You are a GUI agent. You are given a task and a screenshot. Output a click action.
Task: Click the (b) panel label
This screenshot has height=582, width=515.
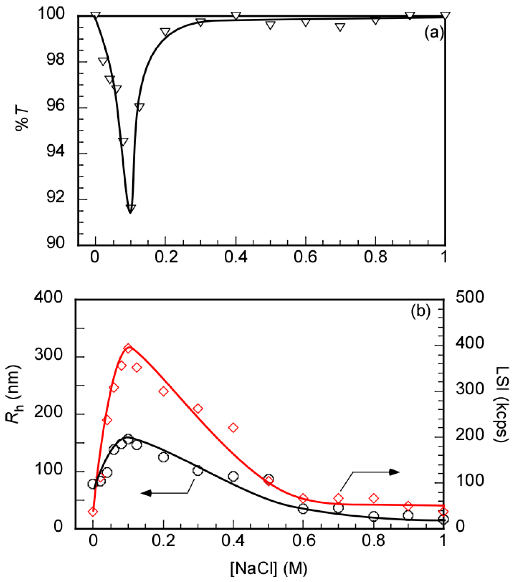pyautogui.click(x=420, y=311)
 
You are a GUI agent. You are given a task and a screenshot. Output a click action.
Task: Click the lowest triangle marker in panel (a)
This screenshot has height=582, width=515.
pyautogui.click(x=131, y=208)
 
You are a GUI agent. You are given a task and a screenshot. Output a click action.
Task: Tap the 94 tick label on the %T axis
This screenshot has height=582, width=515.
pyautogui.click(x=56, y=151)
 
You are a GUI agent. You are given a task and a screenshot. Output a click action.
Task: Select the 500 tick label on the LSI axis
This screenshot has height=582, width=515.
pyautogui.click(x=470, y=297)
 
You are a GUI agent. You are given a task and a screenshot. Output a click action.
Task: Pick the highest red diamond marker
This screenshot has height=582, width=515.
pyautogui.click(x=128, y=349)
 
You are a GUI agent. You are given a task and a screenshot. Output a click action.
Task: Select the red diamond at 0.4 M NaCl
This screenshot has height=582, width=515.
pyautogui.click(x=233, y=428)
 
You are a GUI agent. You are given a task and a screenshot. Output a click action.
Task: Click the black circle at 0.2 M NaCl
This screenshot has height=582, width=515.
pyautogui.click(x=163, y=457)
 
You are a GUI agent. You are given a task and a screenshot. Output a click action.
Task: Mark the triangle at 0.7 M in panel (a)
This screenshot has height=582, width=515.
pyautogui.click(x=340, y=27)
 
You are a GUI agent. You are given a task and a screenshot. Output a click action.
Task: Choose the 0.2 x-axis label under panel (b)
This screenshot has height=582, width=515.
pyautogui.click(x=163, y=540)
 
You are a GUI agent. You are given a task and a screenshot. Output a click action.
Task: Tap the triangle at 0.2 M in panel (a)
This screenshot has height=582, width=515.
pyautogui.click(x=165, y=32)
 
